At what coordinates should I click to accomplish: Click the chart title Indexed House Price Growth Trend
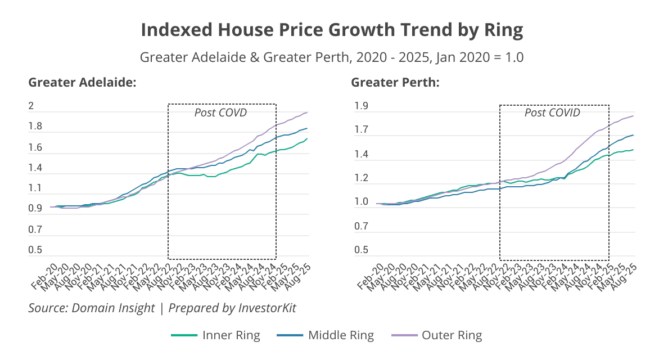(x=332, y=30)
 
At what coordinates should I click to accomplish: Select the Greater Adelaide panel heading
(x=83, y=83)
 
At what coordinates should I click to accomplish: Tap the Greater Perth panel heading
(x=395, y=83)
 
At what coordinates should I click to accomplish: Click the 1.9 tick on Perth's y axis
(x=361, y=106)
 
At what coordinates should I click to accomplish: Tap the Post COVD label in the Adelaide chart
(x=220, y=112)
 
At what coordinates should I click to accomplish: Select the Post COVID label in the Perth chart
(x=552, y=112)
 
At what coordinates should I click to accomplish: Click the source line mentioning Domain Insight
(x=162, y=308)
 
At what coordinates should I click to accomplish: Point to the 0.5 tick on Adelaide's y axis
(x=35, y=250)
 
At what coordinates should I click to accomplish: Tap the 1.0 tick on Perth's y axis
(x=361, y=202)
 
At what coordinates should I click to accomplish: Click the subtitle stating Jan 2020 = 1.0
(x=332, y=57)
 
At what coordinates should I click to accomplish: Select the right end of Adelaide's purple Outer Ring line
(x=308, y=112)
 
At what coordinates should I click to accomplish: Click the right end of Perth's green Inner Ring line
(x=634, y=150)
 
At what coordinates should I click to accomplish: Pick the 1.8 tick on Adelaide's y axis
(x=35, y=127)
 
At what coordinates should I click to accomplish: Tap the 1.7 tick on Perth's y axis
(x=361, y=130)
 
